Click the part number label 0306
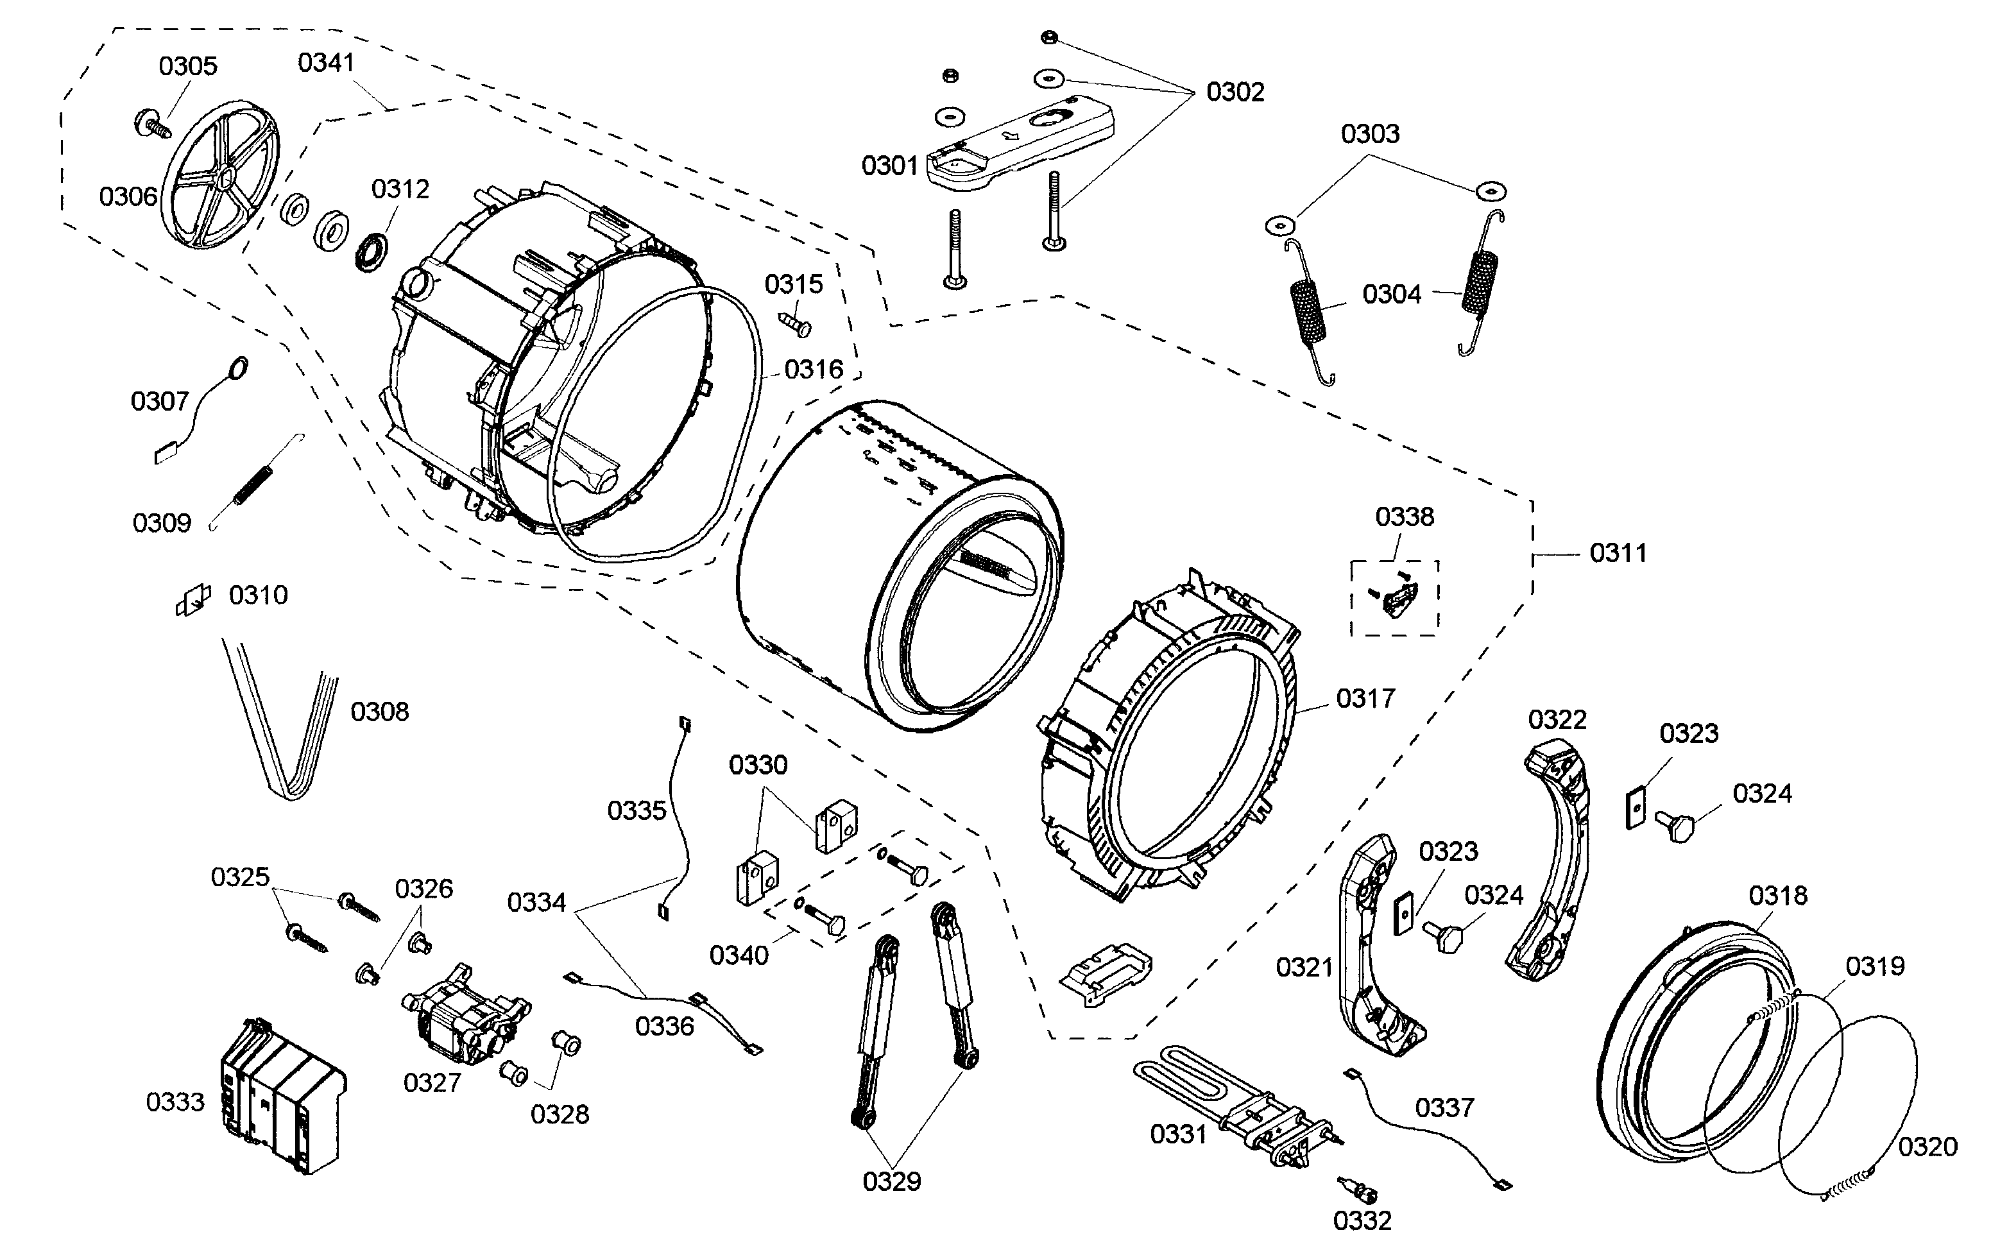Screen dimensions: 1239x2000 128,197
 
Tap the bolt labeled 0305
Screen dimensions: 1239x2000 151,124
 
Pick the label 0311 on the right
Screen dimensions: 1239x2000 1618,554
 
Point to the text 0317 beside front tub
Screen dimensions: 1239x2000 1365,699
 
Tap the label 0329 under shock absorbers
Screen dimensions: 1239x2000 891,1182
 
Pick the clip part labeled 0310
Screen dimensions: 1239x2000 192,601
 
